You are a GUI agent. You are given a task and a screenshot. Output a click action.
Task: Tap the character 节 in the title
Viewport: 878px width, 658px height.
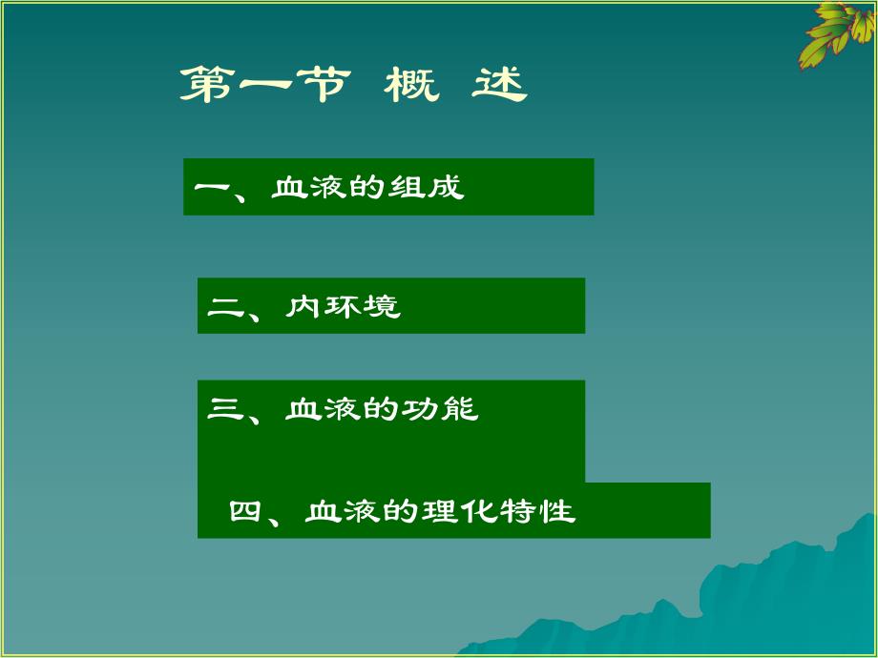[x=314, y=86]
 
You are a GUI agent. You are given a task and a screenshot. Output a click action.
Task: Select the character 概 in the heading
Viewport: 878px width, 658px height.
[x=411, y=86]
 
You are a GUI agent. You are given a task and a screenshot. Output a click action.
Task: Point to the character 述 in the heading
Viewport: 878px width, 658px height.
[x=499, y=86]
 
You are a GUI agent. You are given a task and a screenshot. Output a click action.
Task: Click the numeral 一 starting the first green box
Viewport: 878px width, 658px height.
[x=212, y=187]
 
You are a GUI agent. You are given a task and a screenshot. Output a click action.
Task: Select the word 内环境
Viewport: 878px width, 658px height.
[x=343, y=307]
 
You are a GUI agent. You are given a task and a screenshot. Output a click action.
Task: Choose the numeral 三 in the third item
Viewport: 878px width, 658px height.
[x=224, y=410]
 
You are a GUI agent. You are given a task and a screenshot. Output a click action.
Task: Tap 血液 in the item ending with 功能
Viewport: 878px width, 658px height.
[x=323, y=410]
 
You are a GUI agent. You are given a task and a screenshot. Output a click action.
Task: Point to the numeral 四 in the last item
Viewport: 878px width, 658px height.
[x=245, y=512]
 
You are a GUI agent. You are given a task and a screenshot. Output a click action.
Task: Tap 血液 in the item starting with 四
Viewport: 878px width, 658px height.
[x=343, y=512]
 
